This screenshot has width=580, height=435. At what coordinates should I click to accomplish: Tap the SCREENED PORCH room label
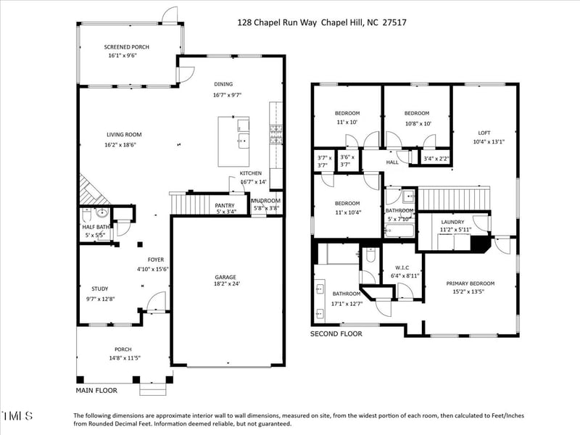(x=127, y=46)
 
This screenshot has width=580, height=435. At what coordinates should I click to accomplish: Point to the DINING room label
(x=223, y=84)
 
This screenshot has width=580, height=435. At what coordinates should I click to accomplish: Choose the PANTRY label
(x=225, y=205)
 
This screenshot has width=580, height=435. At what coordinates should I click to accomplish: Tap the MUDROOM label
(x=266, y=200)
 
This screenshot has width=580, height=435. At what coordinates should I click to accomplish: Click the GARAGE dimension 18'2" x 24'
(x=225, y=283)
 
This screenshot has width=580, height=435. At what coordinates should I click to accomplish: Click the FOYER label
(x=156, y=260)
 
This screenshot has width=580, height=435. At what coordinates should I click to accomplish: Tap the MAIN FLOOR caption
(x=96, y=390)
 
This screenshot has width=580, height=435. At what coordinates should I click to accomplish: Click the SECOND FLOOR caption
(x=336, y=334)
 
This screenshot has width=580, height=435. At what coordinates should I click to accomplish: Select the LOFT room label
(x=484, y=133)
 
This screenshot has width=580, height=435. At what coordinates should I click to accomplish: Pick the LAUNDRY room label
(x=455, y=222)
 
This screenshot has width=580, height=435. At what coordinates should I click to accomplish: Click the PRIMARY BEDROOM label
(x=470, y=283)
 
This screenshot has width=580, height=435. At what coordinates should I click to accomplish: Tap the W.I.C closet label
(x=401, y=267)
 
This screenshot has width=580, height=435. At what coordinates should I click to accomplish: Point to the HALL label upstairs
(x=392, y=162)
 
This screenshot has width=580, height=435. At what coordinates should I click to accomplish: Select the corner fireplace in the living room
(x=90, y=190)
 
